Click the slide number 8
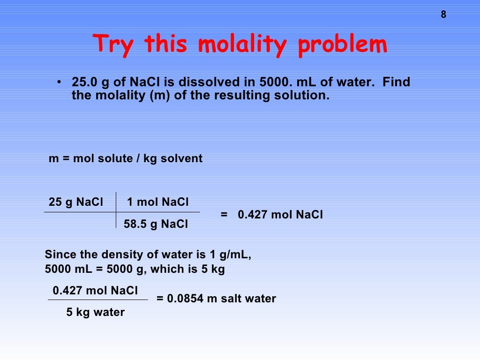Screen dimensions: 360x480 (443, 15)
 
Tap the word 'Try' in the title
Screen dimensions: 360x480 (115, 45)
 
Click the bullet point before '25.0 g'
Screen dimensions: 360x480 (59, 83)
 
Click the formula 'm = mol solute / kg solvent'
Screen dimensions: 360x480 (126, 158)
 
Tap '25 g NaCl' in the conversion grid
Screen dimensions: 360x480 (76, 202)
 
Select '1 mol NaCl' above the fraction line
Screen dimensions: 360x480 (158, 202)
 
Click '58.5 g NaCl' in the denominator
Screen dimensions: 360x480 (156, 225)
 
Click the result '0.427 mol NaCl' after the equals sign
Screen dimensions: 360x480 (280, 215)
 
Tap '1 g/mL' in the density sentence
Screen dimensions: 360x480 (231, 255)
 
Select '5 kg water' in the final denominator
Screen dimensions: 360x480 (96, 312)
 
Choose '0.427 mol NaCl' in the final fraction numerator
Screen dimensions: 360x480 (95, 291)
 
